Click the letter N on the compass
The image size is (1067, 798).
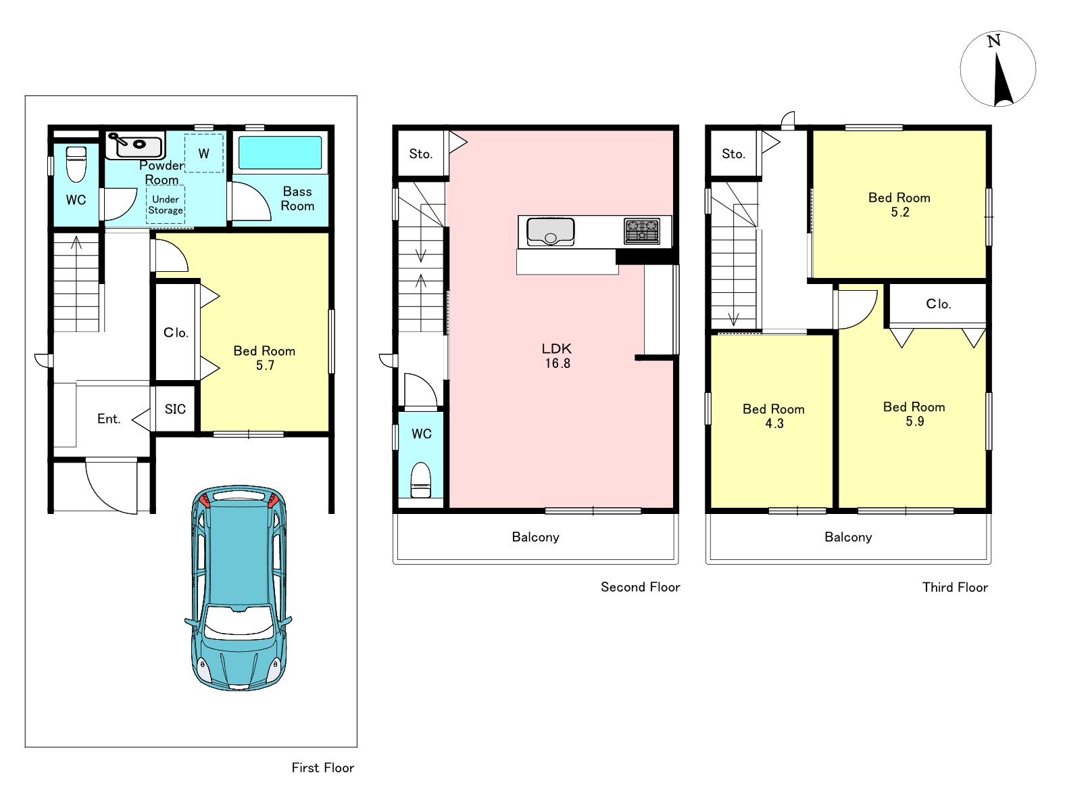pyautogui.click(x=993, y=41)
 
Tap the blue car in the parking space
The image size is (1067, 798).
pyautogui.click(x=238, y=588)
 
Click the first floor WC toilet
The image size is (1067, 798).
pyautogui.click(x=76, y=164)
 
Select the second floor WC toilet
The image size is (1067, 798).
pyautogui.click(x=421, y=480)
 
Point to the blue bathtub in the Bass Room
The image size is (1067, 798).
pyautogui.click(x=280, y=153)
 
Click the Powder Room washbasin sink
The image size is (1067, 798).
pyautogui.click(x=135, y=145)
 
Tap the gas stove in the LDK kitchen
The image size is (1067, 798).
pyautogui.click(x=642, y=231)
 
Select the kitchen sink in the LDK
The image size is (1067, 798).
pyautogui.click(x=550, y=232)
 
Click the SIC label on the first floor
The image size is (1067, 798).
pyautogui.click(x=175, y=409)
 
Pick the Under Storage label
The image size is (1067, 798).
pyautogui.click(x=166, y=205)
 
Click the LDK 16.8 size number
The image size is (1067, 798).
pyautogui.click(x=557, y=363)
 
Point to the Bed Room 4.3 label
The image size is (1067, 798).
pyautogui.click(x=774, y=416)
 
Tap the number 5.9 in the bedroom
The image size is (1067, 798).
pyautogui.click(x=915, y=421)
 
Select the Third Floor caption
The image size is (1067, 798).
pyautogui.click(x=956, y=588)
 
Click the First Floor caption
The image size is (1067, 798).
pyautogui.click(x=323, y=768)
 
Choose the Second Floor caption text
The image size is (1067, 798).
pyautogui.click(x=640, y=587)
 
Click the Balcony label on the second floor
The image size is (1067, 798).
pyautogui.click(x=536, y=537)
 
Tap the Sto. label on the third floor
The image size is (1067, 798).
pyautogui.click(x=734, y=154)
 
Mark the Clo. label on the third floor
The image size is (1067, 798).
pyautogui.click(x=938, y=304)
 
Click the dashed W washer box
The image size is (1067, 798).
pyautogui.click(x=204, y=153)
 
